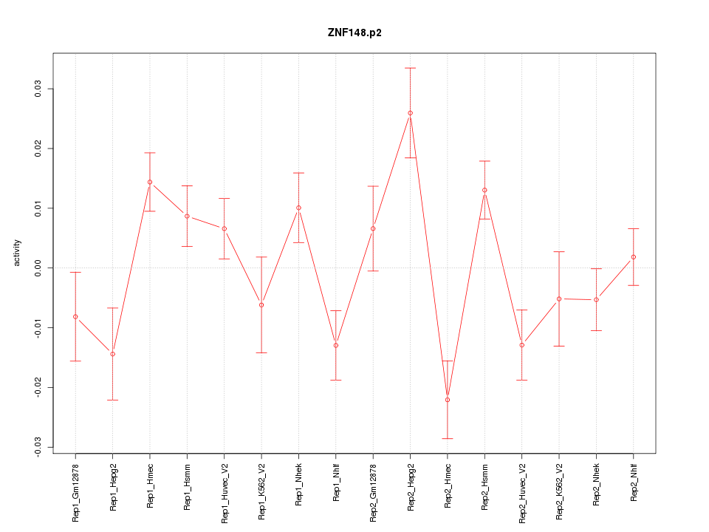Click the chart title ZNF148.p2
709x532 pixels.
354,33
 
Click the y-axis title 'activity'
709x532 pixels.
18,253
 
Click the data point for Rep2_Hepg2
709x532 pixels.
410,113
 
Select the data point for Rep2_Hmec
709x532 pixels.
448,400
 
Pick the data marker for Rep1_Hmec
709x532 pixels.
150,182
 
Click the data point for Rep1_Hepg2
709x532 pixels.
112,354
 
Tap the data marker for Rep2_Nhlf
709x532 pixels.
634,257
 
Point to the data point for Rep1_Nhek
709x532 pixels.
298,208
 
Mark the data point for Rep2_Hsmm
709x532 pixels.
484,190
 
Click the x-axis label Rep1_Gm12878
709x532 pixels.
75,491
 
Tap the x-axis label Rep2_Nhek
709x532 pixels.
597,485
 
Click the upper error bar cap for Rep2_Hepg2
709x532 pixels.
410,68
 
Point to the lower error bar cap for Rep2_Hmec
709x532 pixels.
448,438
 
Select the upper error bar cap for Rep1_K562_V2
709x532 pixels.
261,257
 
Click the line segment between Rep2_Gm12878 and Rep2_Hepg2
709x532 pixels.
391,171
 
